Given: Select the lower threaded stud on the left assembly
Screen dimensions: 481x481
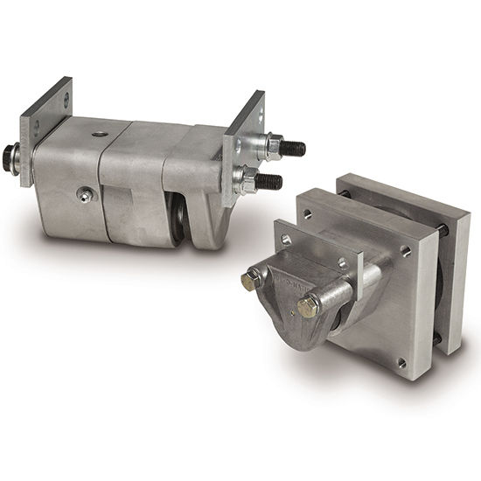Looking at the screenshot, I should (274, 182).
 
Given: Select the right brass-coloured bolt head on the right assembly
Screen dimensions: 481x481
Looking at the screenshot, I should (308, 306).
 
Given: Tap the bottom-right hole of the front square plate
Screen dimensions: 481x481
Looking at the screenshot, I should (401, 362).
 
